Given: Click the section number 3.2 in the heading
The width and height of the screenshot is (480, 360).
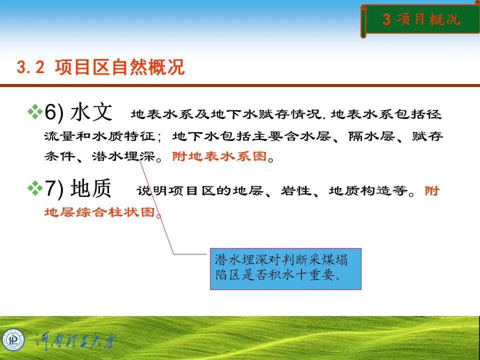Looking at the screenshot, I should coord(31,67).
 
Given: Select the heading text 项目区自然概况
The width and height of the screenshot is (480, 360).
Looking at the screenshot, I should coord(119,67).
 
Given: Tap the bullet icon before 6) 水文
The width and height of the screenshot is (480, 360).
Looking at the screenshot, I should coord(35,112).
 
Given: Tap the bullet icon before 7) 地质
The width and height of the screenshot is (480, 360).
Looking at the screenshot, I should coord(35,188).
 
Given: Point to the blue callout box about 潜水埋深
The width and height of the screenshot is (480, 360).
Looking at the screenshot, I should coord(285,269).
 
